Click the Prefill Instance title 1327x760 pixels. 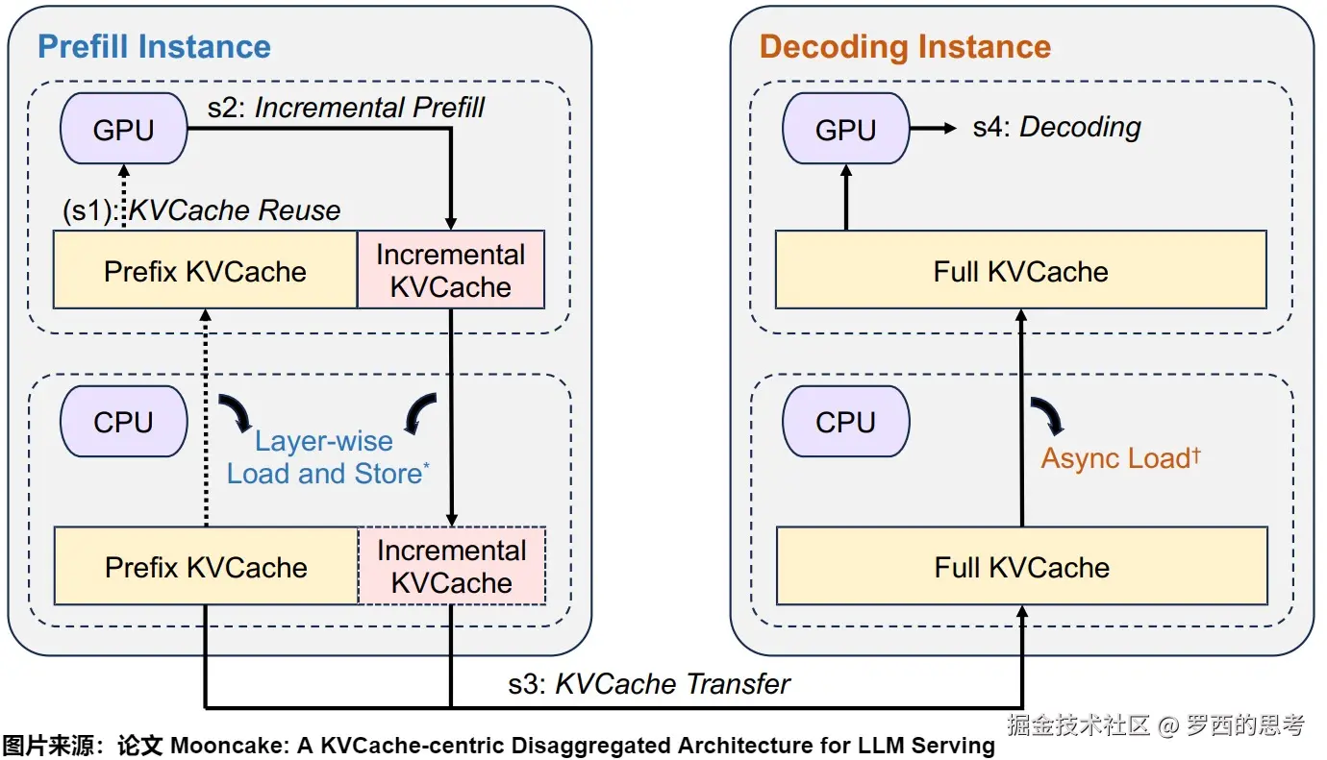point(154,46)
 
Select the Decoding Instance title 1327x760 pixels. point(905,46)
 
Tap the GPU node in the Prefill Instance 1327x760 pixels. point(123,129)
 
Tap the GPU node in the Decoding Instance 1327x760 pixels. point(845,129)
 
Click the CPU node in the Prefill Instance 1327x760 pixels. point(123,422)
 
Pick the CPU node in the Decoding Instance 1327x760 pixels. point(845,422)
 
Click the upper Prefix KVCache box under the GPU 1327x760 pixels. point(205,270)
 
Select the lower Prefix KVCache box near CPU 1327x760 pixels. point(206,566)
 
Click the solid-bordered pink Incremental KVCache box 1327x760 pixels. point(450,270)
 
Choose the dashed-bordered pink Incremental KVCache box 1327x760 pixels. point(451,566)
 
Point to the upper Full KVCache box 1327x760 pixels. point(1020,270)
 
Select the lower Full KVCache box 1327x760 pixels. point(1021,566)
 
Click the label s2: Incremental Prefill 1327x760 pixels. point(346,107)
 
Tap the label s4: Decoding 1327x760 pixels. point(1057,127)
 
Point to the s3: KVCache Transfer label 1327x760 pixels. point(649,684)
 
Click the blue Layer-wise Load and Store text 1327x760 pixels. point(325,457)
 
